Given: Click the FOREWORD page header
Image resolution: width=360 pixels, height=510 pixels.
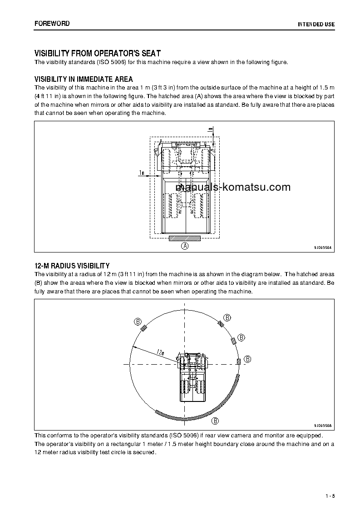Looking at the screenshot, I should pos(52,23).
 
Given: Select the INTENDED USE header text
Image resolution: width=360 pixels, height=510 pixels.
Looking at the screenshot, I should pos(316,24).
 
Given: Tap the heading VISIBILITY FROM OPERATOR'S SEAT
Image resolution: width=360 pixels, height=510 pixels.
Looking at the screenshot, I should pos(97,53).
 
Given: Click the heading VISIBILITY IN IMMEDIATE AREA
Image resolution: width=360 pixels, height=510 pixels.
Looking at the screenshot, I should pos(84,79).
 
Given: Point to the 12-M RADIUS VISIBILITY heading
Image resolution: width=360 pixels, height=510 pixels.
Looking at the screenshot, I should pos(72,265).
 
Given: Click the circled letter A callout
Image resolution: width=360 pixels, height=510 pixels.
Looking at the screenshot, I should pos(184,246).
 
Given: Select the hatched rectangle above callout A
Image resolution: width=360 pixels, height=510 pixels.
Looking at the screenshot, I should pos(184,238).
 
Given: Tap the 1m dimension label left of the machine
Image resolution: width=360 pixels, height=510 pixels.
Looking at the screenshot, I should pos(142,173).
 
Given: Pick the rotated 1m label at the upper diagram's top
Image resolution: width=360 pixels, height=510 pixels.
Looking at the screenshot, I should pos(210,130).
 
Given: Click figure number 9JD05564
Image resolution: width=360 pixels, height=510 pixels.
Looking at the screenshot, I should pos(323,248).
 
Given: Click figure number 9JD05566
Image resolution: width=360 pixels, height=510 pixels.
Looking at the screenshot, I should pos(323,426).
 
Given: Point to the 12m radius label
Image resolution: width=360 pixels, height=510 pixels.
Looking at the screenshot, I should pos(159,352).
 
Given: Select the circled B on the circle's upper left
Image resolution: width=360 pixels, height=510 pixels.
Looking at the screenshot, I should pos(138,322).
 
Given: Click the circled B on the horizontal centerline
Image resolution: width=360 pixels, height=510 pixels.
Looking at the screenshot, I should pos(247,359).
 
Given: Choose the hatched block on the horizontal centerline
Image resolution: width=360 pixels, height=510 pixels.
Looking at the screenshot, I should pos(238,361).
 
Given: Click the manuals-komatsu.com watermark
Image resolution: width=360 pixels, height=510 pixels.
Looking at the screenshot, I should pos(232,187).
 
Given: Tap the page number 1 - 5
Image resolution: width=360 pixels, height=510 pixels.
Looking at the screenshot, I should pos(330,495).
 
